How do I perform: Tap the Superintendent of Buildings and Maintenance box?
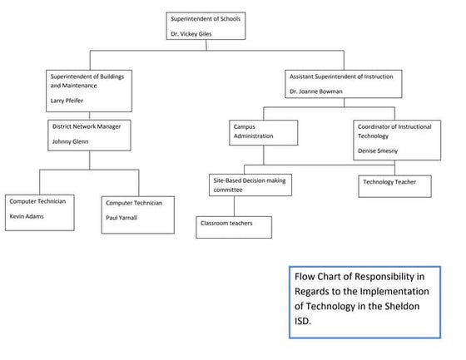coord(90,91)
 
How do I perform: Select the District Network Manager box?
coord(90,135)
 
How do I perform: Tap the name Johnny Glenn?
coord(71,142)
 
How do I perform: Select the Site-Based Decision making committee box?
coord(250,184)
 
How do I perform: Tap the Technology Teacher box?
coord(394,185)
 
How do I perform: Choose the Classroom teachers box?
coord(236,224)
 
